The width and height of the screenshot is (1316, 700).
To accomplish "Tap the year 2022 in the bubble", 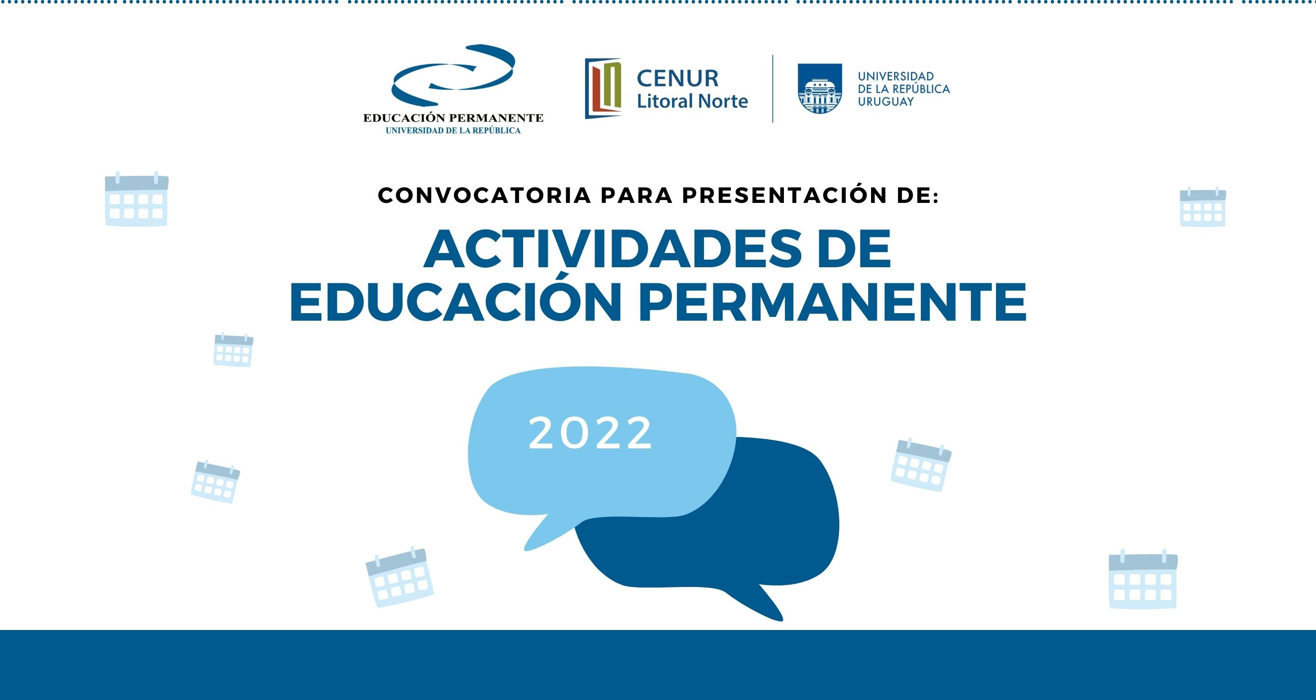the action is click(x=591, y=433).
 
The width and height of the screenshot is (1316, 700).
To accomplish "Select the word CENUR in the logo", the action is click(x=677, y=79).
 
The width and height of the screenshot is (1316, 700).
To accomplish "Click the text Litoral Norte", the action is click(x=692, y=101).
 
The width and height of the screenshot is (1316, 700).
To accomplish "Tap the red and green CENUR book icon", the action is click(x=604, y=88).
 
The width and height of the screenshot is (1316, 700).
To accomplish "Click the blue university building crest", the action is click(x=820, y=88).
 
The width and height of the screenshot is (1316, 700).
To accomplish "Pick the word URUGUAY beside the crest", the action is click(x=886, y=102).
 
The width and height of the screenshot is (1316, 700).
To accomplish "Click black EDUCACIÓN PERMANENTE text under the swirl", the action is click(x=453, y=118).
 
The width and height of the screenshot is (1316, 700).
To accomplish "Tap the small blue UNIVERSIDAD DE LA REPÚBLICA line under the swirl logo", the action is click(x=453, y=131).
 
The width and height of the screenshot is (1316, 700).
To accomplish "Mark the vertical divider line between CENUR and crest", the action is click(x=773, y=88).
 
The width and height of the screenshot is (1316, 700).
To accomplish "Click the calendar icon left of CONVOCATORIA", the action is click(x=136, y=199).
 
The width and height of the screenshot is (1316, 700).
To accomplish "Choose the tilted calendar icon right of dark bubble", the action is click(x=921, y=464).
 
